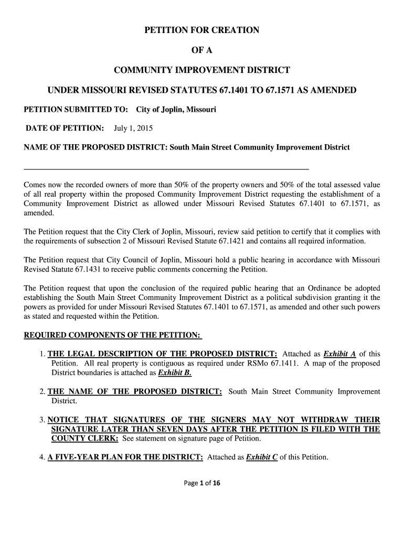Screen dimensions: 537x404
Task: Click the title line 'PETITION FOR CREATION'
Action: (202, 30)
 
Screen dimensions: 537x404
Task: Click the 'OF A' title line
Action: (202, 50)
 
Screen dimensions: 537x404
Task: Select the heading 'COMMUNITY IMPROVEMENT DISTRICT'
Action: (202, 70)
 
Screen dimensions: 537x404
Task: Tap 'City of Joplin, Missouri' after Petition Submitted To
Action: (176, 110)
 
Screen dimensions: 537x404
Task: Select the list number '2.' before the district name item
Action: (42, 392)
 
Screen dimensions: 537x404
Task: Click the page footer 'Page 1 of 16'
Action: (202, 484)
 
